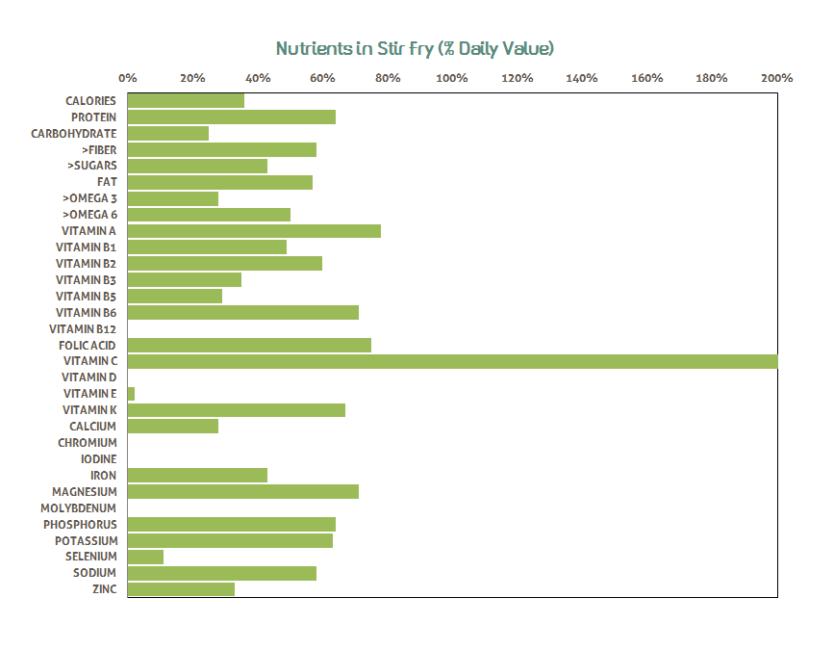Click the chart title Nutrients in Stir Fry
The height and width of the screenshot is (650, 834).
[x=416, y=48]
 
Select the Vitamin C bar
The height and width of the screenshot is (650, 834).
[x=451, y=361]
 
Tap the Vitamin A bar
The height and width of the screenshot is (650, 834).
[x=254, y=231]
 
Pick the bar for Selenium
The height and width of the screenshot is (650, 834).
[x=145, y=557]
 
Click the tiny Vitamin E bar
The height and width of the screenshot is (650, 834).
[x=131, y=394]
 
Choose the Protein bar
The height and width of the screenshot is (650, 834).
[x=231, y=117]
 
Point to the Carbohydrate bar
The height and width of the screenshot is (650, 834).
[x=167, y=133]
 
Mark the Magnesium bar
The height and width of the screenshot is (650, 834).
[x=242, y=491]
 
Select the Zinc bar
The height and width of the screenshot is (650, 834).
[x=181, y=589]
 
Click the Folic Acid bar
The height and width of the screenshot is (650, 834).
[x=249, y=345]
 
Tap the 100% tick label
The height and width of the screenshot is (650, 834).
[x=452, y=78]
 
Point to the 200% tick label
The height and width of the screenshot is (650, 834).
[x=776, y=78]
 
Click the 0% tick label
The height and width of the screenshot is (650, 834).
[x=127, y=78]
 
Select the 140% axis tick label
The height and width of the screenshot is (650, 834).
[x=582, y=78]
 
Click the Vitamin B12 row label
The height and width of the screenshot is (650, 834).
[x=83, y=328]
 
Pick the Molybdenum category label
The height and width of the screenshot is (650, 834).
[x=78, y=507]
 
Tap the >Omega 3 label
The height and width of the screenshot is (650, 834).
[x=89, y=198]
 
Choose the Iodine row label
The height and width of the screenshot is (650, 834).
[x=98, y=459]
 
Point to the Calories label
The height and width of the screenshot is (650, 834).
[x=90, y=100]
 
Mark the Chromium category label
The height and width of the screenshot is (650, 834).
[x=87, y=443]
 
